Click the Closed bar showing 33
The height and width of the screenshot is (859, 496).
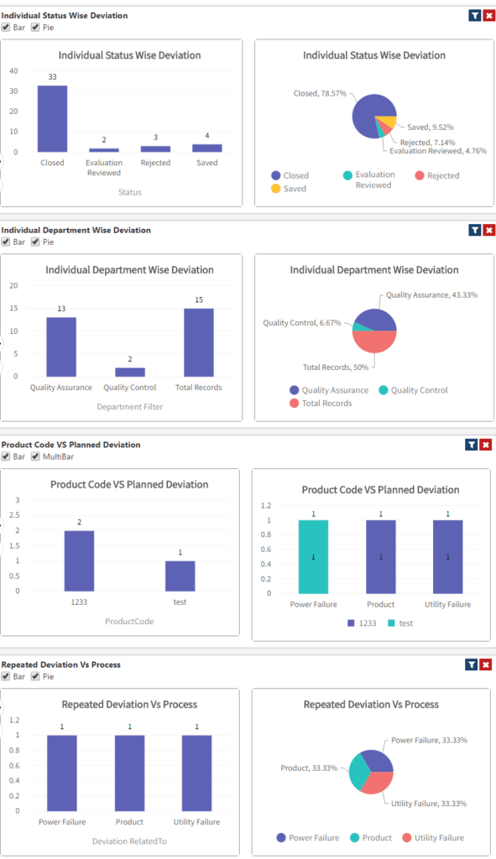pyautogui.click(x=52, y=118)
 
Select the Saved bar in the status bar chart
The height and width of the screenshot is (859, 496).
pyautogui.click(x=206, y=148)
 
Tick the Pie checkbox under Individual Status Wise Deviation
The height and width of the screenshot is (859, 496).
pyautogui.click(x=35, y=28)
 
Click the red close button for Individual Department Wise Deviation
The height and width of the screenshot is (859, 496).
pyautogui.click(x=488, y=230)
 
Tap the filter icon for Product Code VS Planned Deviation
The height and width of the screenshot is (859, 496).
pyautogui.click(x=474, y=445)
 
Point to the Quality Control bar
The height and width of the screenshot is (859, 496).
pyautogui.click(x=130, y=372)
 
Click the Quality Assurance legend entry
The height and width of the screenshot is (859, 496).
pyautogui.click(x=328, y=390)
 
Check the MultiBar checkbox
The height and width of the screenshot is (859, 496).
pyautogui.click(x=35, y=457)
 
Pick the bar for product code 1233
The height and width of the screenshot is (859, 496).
pyautogui.click(x=79, y=560)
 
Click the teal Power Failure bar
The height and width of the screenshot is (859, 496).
pyautogui.click(x=313, y=556)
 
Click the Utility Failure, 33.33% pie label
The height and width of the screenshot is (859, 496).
pyautogui.click(x=428, y=804)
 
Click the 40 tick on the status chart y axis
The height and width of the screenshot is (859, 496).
pyautogui.click(x=13, y=70)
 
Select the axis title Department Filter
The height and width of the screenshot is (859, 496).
pyautogui.click(x=129, y=407)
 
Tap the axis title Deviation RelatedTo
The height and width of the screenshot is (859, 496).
pyautogui.click(x=129, y=841)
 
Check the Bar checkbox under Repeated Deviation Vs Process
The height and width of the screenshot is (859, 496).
pyautogui.click(x=6, y=676)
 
